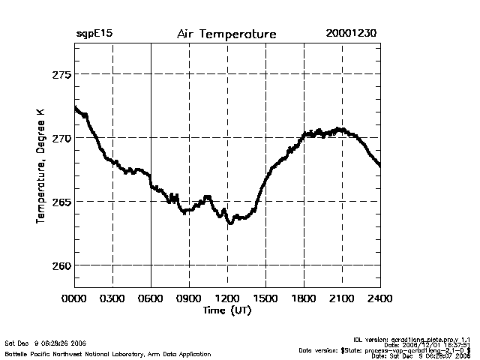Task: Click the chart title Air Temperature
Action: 226,34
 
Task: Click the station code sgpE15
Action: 94,34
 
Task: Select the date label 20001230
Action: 351,34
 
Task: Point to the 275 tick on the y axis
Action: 61,74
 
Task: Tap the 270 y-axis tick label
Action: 61,138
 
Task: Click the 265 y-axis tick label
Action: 61,202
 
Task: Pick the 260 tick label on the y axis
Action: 61,265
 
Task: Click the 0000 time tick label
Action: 74,299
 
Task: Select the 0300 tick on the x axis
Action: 112,299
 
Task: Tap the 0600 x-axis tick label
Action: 151,299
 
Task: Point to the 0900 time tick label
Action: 189,299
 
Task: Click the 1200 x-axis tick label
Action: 227,299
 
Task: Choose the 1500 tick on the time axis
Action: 265,299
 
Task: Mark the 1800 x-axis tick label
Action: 304,299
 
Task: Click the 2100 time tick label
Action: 342,299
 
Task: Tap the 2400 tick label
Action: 380,299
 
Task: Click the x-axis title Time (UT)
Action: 226,310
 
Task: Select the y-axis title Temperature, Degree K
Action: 41,165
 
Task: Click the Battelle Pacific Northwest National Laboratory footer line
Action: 107,354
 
